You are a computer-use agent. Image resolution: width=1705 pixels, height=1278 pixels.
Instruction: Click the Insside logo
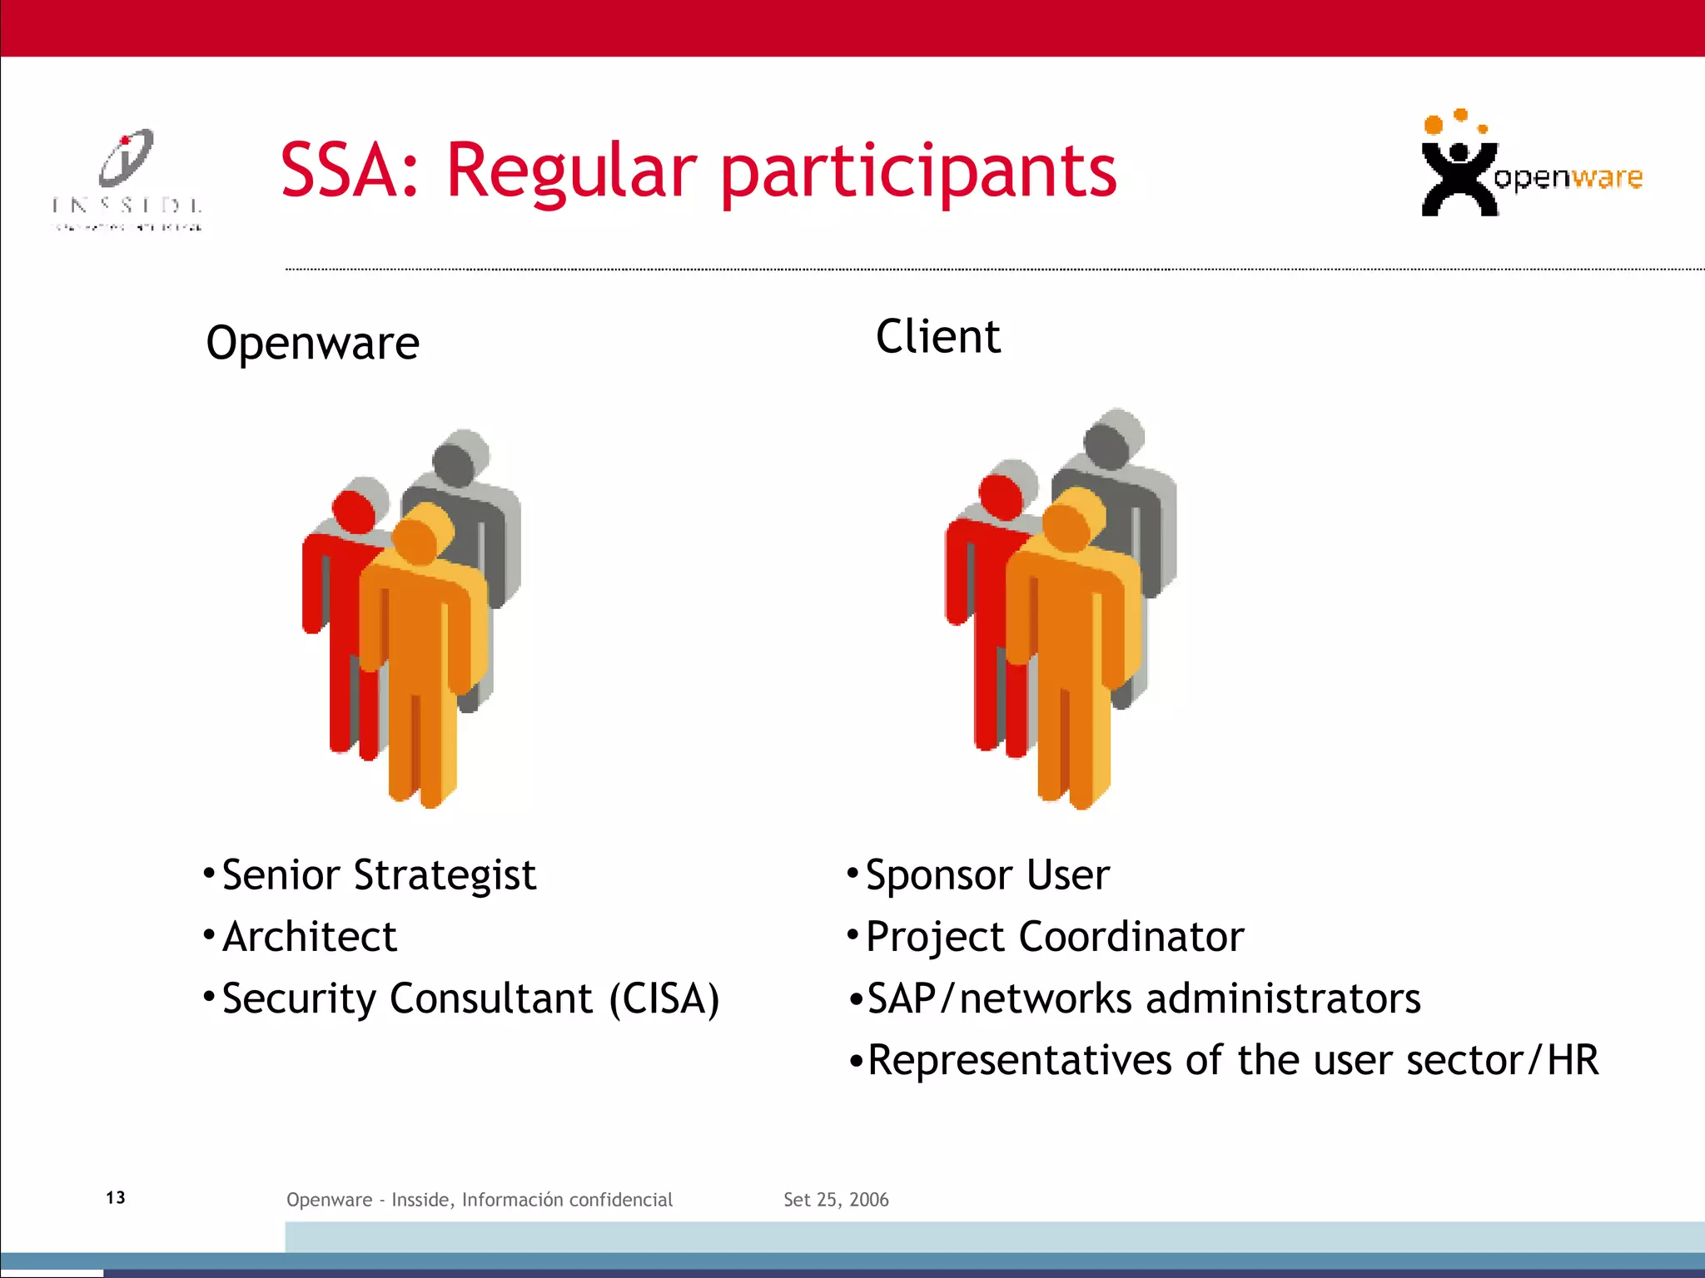127,180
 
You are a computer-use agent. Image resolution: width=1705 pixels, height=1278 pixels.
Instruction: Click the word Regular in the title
571,171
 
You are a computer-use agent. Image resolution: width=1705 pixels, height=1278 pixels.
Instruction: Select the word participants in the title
918,173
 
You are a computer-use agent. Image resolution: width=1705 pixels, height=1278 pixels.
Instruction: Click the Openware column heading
312,344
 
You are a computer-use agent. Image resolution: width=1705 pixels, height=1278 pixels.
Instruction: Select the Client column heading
938,337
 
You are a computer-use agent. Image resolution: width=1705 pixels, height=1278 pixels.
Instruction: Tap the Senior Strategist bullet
379,875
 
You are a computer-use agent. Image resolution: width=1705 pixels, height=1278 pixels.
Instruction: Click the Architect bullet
310,937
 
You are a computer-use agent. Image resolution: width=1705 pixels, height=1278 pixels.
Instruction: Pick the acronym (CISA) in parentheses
664,998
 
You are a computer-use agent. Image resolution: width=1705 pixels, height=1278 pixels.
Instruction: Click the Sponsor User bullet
987,875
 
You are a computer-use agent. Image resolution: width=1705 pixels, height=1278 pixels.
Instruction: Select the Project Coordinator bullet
1055,937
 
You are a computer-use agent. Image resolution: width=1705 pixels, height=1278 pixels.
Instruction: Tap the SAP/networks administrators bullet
1143,998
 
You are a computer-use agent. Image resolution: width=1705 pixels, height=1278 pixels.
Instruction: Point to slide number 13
116,1197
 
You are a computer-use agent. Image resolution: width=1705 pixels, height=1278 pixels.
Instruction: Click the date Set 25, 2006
836,1200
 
